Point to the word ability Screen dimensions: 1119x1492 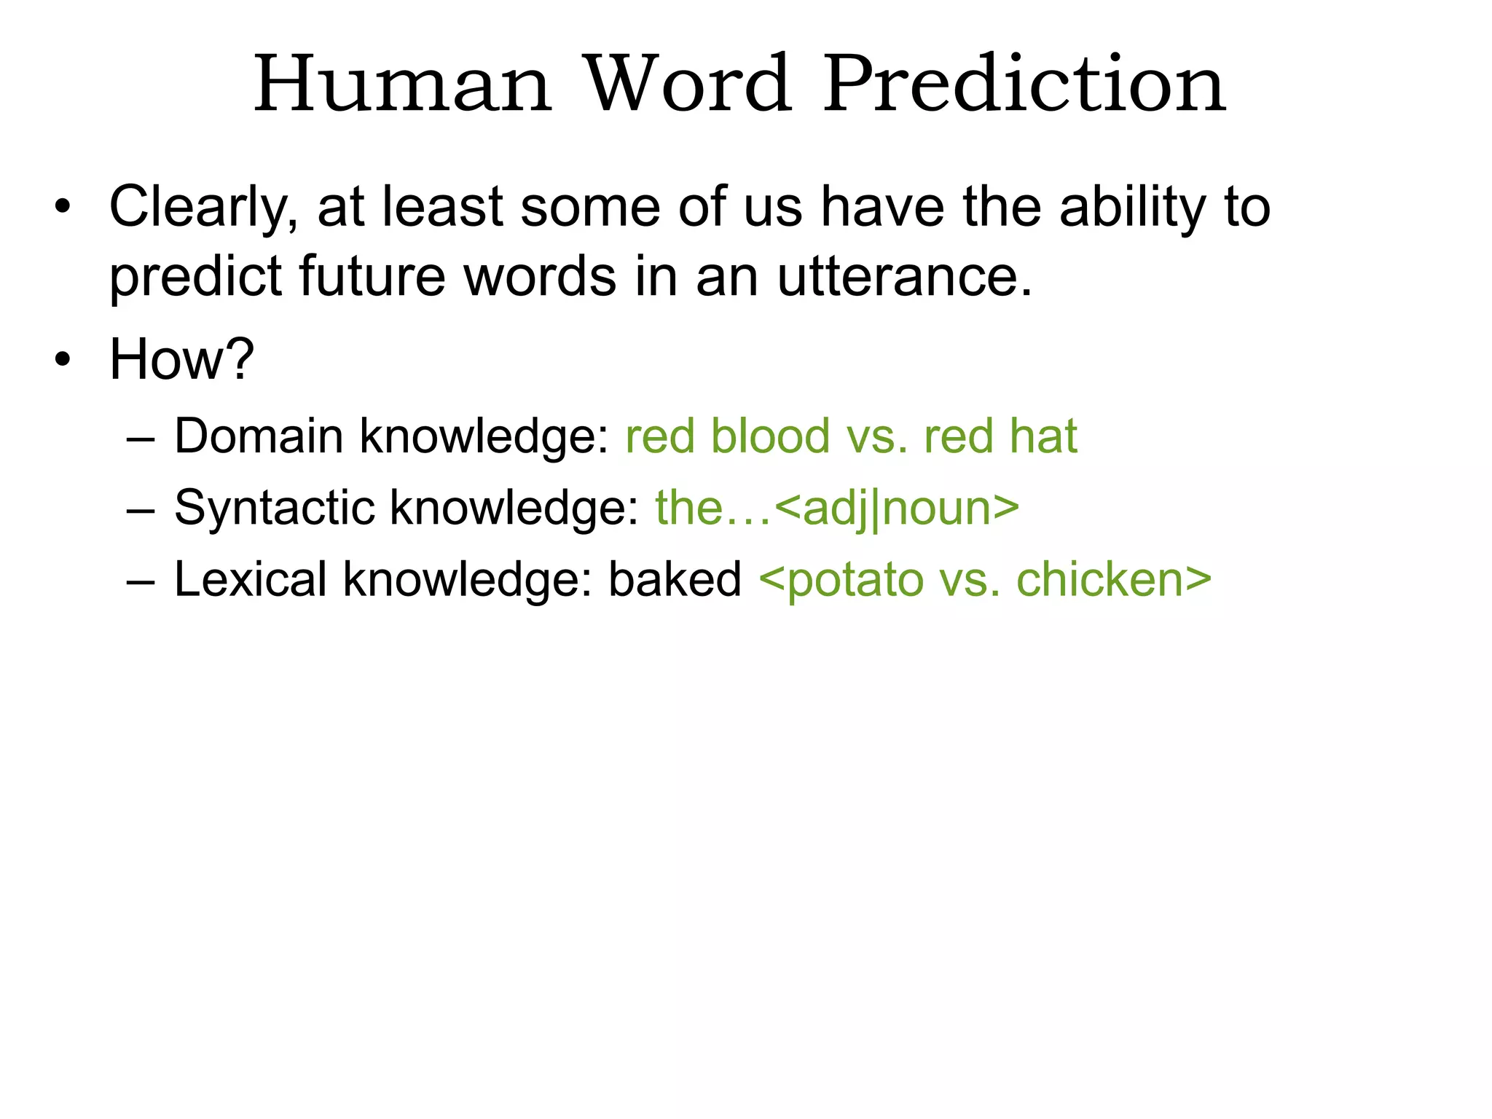pyautogui.click(x=1132, y=208)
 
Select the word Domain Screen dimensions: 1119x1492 pyautogui.click(x=259, y=436)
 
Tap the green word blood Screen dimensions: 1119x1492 pyautogui.click(x=770, y=436)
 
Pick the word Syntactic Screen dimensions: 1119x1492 pyautogui.click(x=274, y=508)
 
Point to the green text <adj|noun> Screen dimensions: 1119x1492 pyautogui.click(x=897, y=508)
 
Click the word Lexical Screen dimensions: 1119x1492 pyautogui.click(x=251, y=579)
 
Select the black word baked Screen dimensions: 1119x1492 pyautogui.click(x=675, y=579)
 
